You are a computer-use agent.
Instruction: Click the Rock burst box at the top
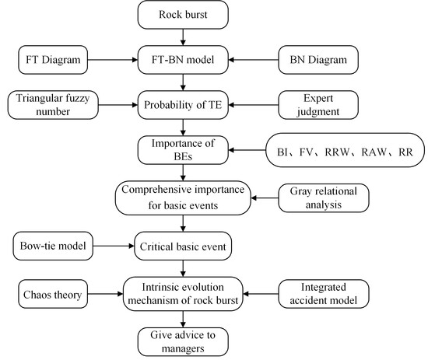(x=183, y=15)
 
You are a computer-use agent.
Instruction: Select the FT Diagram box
(x=53, y=60)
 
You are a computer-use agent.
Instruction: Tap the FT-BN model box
(x=183, y=60)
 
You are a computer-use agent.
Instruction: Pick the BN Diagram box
(x=318, y=60)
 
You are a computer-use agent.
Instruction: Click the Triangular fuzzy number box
(x=53, y=105)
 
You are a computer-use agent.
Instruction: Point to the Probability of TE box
(x=183, y=105)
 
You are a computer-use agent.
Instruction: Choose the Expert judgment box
(x=318, y=105)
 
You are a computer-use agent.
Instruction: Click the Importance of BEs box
(x=183, y=150)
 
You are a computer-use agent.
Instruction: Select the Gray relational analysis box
(x=324, y=198)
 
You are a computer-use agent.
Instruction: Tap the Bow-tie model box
(x=53, y=246)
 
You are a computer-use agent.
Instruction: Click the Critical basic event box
(x=183, y=246)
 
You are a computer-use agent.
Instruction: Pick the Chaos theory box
(x=53, y=294)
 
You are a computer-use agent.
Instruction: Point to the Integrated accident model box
(x=324, y=294)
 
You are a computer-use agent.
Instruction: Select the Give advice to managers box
(x=183, y=342)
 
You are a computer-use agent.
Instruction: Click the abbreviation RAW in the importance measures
(x=374, y=152)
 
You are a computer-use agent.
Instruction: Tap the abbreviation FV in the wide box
(x=306, y=152)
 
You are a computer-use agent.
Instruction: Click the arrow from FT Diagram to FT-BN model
(x=113, y=60)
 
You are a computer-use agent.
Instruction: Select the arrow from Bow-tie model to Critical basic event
(x=114, y=246)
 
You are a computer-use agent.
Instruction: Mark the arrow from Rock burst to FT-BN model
(x=183, y=37)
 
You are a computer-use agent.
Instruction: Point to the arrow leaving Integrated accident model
(x=261, y=294)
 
